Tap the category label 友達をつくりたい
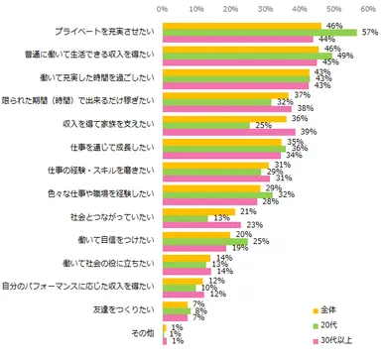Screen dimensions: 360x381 (x=127, y=309)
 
